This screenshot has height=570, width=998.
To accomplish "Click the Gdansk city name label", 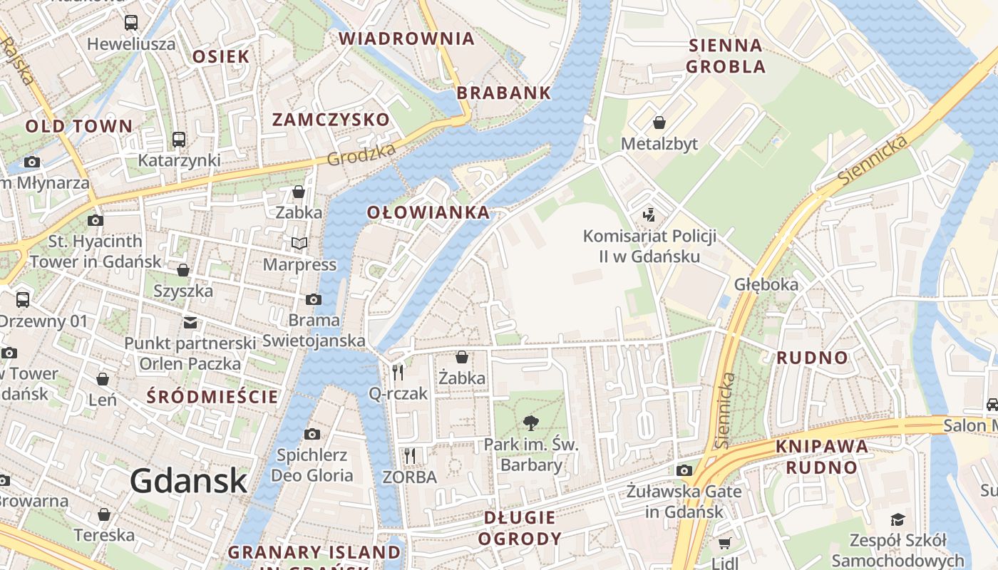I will tap(188, 481).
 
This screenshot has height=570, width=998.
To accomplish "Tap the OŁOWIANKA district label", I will tap(428, 212).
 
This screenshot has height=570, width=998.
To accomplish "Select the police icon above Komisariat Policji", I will tap(649, 214).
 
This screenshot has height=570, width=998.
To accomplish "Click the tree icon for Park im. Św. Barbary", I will tap(530, 424).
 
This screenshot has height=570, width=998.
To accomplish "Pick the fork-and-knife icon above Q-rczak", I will tap(398, 372).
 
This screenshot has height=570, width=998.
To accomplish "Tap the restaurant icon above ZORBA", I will tap(409, 455).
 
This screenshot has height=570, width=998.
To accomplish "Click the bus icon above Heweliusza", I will tap(131, 23).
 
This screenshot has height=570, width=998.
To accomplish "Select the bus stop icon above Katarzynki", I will tap(179, 140).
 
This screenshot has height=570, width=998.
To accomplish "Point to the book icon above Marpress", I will tap(299, 244).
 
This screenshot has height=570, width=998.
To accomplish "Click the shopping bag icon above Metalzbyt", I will tap(659, 123).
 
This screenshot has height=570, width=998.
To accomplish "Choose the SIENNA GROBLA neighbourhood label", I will tap(726, 56).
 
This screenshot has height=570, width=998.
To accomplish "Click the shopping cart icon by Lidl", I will tap(725, 543).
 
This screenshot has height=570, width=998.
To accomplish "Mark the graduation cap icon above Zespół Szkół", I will tap(897, 520).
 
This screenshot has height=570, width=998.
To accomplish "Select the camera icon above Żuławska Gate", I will tap(684, 470).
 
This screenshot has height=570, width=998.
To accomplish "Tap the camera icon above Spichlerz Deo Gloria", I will tap(312, 434).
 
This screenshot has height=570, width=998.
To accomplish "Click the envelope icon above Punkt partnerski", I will tap(190, 323).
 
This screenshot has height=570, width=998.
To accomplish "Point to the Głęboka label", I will tap(766, 284).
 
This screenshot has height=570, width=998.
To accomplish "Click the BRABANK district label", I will tap(504, 93).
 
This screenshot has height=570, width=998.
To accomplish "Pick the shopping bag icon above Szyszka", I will tap(183, 270).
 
